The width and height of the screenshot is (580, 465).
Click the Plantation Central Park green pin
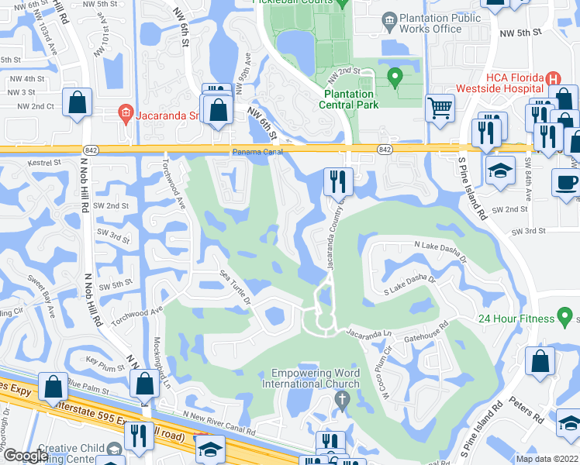[x=395, y=77]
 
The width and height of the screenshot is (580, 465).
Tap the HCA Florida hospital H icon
[x=553, y=78]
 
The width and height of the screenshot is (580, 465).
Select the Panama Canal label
[x=255, y=152]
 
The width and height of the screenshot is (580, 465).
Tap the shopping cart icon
[x=440, y=108]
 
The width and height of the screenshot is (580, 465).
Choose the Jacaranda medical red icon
[x=125, y=114]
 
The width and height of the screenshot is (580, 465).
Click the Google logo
[x=26, y=456]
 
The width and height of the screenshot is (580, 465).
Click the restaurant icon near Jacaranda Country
[x=338, y=181]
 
